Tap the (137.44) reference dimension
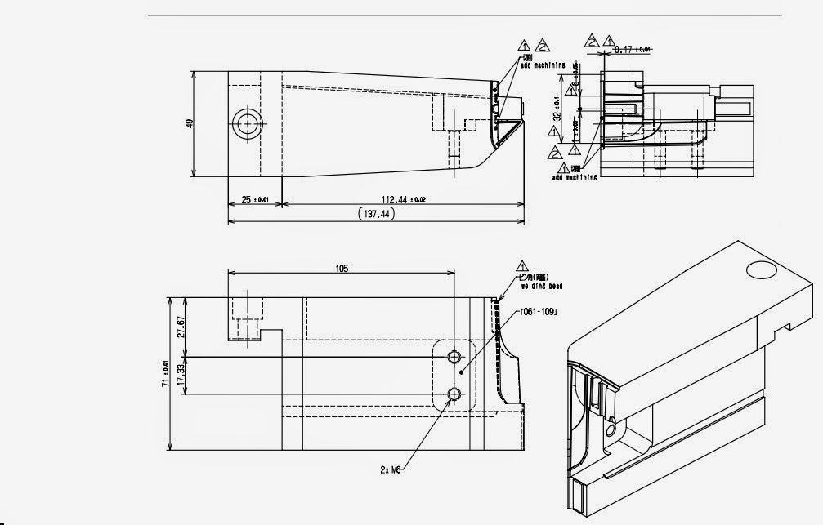(x=376, y=214)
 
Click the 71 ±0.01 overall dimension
(x=167, y=374)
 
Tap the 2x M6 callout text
(x=393, y=469)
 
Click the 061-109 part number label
(x=540, y=311)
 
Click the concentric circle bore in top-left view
(x=246, y=124)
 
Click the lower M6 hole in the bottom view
(x=455, y=395)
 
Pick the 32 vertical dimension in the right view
(x=557, y=107)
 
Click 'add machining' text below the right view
(x=575, y=176)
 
